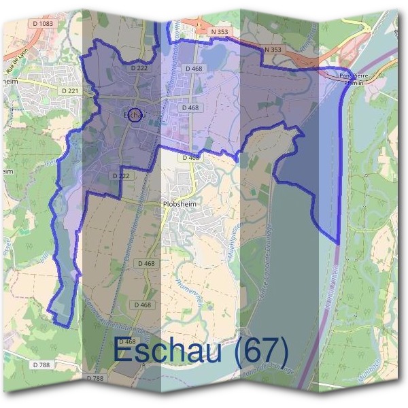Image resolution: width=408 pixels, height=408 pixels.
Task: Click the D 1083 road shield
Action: click(41, 24)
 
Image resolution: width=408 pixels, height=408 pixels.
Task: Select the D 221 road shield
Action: click(70, 90)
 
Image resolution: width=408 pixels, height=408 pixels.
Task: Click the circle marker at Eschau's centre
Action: click(135, 116)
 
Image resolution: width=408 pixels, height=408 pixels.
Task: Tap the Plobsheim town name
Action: click(179, 203)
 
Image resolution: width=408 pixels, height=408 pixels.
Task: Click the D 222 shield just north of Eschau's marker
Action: click(139, 69)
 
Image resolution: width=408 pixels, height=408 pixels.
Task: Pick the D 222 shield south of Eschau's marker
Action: click(120, 175)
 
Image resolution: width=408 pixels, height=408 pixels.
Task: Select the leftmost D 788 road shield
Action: click(40, 366)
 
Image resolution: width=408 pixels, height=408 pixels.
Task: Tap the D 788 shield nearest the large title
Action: click(96, 377)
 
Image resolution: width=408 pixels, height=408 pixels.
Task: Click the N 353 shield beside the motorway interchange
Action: click(219, 31)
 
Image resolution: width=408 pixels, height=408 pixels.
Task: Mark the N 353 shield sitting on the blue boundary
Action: click(272, 50)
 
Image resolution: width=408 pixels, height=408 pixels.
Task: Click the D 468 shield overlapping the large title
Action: click(127, 341)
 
